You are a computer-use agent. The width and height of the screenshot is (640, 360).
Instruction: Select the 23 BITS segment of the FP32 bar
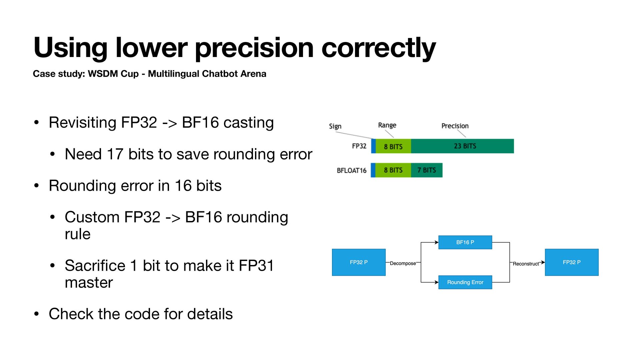(x=462, y=146)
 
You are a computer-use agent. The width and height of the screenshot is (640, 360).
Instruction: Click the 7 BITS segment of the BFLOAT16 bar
(x=427, y=170)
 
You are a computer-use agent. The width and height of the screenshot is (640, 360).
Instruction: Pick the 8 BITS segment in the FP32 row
(x=393, y=146)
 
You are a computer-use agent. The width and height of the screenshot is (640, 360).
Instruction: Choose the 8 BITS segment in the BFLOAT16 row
(x=393, y=170)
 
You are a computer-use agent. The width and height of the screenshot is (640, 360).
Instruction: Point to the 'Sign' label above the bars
(x=335, y=126)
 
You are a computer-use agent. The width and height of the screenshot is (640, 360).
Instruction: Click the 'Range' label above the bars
(x=387, y=125)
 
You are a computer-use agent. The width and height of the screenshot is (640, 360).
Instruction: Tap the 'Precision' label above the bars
(x=455, y=126)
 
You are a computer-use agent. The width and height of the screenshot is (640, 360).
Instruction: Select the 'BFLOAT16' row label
(x=351, y=170)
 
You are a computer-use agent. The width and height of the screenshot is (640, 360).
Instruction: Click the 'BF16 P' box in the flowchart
(x=465, y=242)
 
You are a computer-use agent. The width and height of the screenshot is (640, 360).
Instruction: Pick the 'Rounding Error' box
(x=465, y=282)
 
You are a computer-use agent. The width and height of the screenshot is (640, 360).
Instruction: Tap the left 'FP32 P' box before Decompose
(x=359, y=262)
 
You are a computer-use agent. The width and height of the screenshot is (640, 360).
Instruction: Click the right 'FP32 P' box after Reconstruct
(x=572, y=262)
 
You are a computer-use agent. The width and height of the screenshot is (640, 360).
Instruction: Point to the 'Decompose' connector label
(x=403, y=263)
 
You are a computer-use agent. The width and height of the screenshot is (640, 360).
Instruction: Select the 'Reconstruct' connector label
(x=526, y=264)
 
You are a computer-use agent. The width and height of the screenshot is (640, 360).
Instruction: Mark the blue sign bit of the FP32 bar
(x=373, y=146)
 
